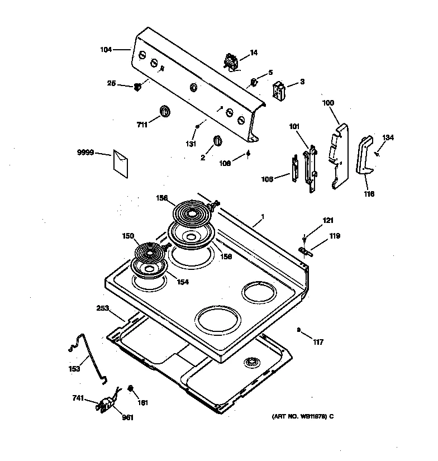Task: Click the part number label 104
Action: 106,50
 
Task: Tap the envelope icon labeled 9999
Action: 122,160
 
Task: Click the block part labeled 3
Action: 278,89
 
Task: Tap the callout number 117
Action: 318,342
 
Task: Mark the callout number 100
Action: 328,103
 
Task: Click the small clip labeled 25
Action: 136,87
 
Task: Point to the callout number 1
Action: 263,216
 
